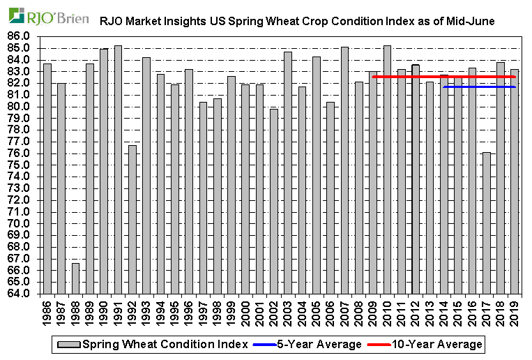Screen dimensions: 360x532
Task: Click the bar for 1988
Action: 75,278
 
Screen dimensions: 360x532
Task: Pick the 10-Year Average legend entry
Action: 432,344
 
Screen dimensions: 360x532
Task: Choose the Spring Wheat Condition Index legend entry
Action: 153,344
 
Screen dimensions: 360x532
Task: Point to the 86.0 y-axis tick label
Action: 20,36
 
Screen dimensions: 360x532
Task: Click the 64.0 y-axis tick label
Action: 20,294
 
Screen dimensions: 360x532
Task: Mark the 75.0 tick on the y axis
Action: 20,165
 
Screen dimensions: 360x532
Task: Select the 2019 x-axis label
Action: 515,311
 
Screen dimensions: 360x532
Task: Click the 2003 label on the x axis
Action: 288,311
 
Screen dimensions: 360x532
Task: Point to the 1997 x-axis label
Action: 203,311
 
